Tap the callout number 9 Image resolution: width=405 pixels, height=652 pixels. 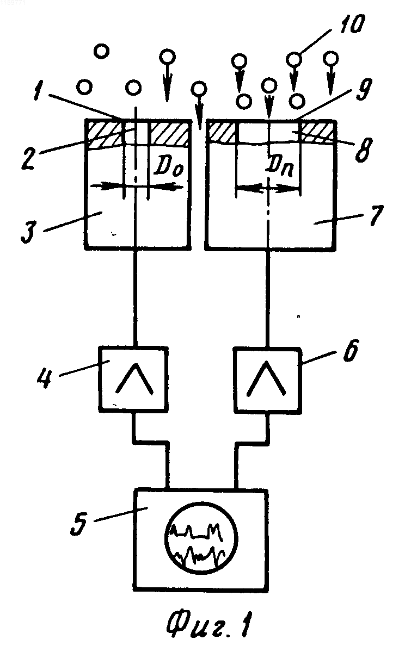point(363,89)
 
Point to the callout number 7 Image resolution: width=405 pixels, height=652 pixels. point(376,215)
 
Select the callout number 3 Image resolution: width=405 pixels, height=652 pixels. point(29,231)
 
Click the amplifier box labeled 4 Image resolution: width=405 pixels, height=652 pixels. point(133,378)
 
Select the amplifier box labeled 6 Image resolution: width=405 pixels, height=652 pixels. point(267,378)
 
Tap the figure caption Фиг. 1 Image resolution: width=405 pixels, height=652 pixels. point(210,623)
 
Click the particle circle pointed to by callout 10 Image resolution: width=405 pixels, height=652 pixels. point(294,58)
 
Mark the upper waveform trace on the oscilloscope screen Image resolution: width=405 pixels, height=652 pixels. point(197,531)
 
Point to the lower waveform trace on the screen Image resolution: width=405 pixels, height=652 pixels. point(200,555)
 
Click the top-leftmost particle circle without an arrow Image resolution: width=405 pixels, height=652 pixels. point(101,51)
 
